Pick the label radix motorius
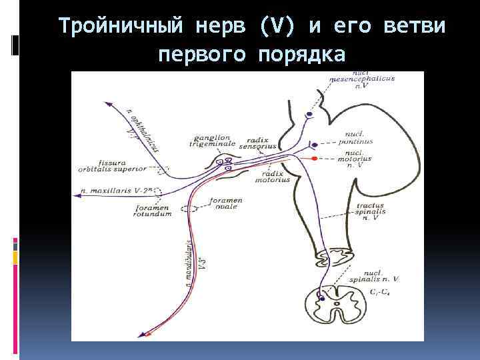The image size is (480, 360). pyautogui.click(x=273, y=177)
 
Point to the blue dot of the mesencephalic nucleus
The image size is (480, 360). pyautogui.click(x=309, y=115)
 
